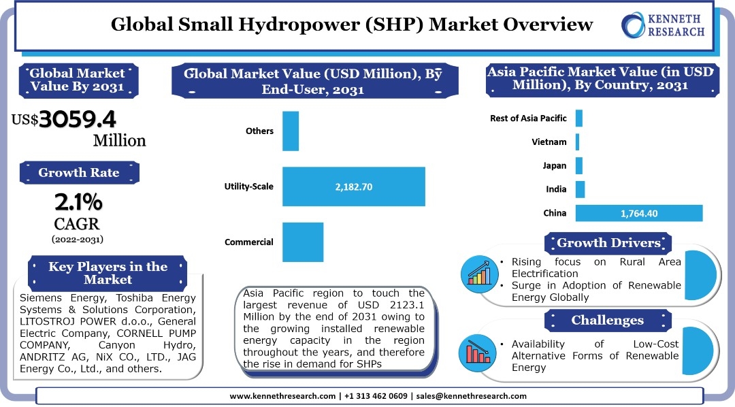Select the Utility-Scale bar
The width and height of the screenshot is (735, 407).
tap(353, 186)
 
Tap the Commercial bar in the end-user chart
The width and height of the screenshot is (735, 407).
tap(302, 242)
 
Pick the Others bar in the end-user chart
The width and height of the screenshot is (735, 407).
tap(291, 131)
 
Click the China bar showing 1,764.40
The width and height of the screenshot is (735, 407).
tap(638, 213)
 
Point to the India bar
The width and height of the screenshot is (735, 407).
tap(580, 189)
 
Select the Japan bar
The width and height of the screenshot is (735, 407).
tap(578, 165)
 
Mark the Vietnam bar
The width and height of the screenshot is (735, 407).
tap(577, 142)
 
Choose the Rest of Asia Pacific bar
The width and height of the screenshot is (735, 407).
tap(578, 118)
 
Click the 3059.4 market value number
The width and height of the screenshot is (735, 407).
tap(78, 120)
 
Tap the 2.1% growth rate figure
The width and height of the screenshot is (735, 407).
tap(78, 202)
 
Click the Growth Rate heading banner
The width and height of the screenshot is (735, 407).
tap(78, 172)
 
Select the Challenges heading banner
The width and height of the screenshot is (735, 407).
tap(607, 320)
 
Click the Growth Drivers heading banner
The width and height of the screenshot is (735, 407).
tap(608, 243)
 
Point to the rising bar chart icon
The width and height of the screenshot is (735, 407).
tap(479, 274)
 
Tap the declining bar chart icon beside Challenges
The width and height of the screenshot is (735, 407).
tap(479, 351)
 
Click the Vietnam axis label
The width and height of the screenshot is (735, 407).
tap(549, 142)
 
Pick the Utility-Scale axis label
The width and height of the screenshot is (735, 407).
tap(248, 186)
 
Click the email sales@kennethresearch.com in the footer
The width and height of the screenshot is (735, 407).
tap(471, 395)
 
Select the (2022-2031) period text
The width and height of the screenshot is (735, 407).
tap(78, 239)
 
